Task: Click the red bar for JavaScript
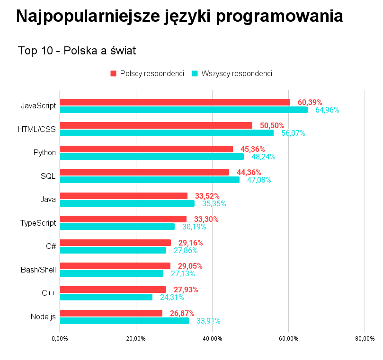click(x=175, y=102)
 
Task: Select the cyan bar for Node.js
click(x=124, y=321)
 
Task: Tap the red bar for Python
click(x=146, y=149)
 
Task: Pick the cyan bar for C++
click(x=106, y=297)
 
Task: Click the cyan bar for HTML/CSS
click(x=166, y=133)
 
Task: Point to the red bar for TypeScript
click(x=123, y=219)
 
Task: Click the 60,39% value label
click(x=310, y=102)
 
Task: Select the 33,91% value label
click(x=208, y=321)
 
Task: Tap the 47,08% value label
click(x=259, y=180)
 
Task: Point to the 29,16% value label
click(x=190, y=243)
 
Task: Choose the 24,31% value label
click(x=172, y=297)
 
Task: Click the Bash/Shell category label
click(x=38, y=270)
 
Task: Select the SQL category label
click(x=48, y=176)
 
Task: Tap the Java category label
click(x=48, y=199)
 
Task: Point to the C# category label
click(x=51, y=246)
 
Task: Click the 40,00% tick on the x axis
click(x=212, y=339)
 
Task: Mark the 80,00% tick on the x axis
click(x=365, y=339)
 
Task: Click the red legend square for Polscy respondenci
click(x=113, y=73)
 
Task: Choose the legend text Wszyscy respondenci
click(x=236, y=73)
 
